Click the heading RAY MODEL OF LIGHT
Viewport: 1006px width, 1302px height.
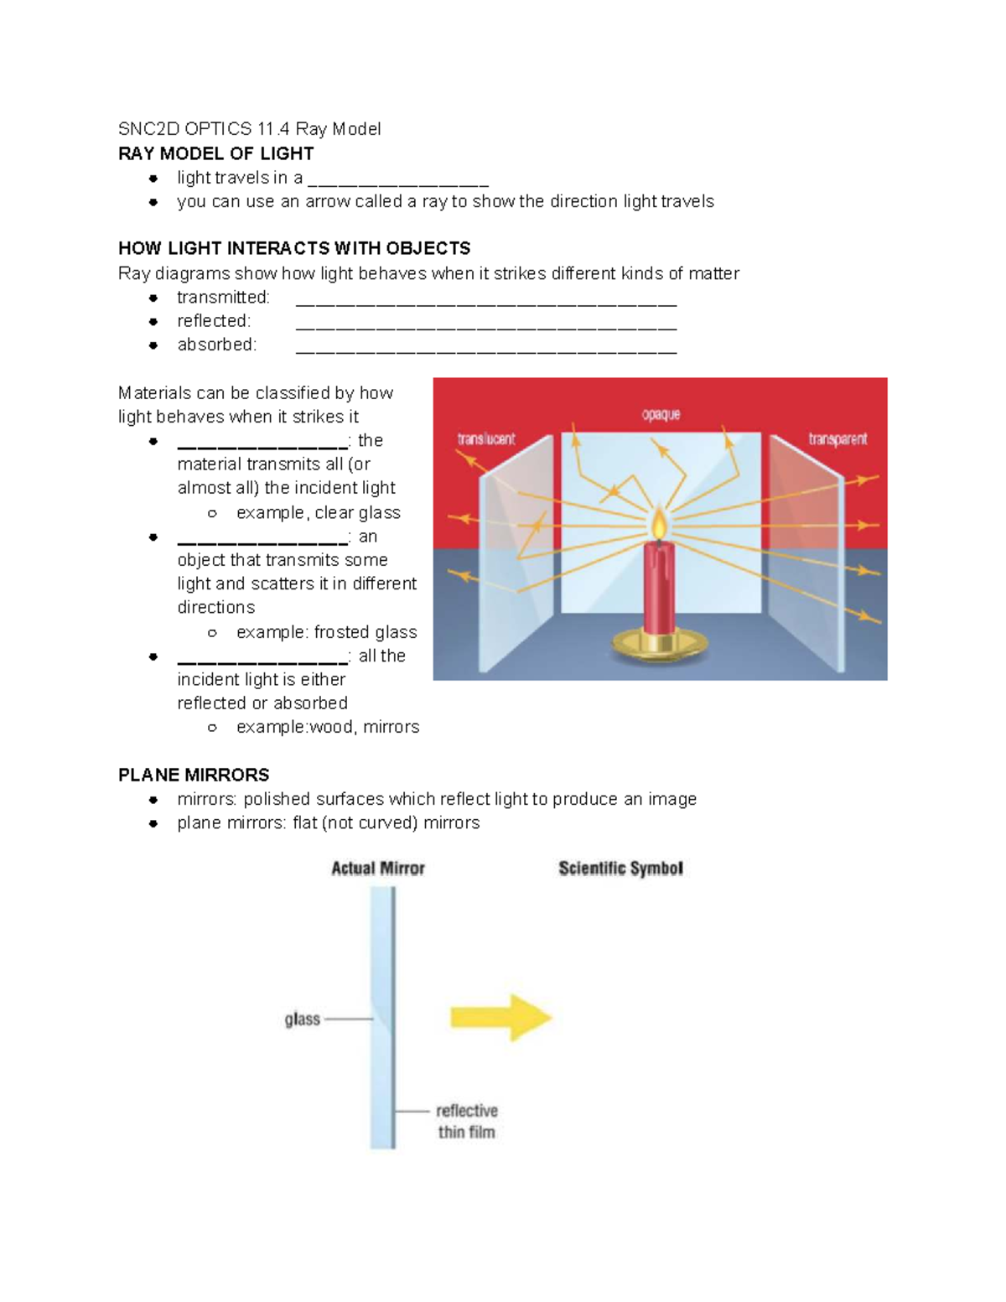215,153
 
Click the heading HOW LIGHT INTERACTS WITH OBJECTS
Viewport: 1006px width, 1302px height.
293,248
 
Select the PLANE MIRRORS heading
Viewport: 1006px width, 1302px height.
194,775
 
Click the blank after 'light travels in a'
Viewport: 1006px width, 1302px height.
398,182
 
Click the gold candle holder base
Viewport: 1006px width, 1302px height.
660,644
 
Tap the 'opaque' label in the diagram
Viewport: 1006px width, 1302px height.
661,414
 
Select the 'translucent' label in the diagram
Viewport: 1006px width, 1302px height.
486,439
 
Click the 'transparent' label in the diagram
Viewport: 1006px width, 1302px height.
837,439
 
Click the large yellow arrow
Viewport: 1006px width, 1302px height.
501,1018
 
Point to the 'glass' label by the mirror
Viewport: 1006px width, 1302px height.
302,1019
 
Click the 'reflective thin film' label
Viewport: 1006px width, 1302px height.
467,1121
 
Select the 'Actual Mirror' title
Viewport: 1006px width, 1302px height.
378,869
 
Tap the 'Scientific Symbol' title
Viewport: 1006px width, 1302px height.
620,869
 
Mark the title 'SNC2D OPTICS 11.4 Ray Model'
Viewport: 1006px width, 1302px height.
249,129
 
